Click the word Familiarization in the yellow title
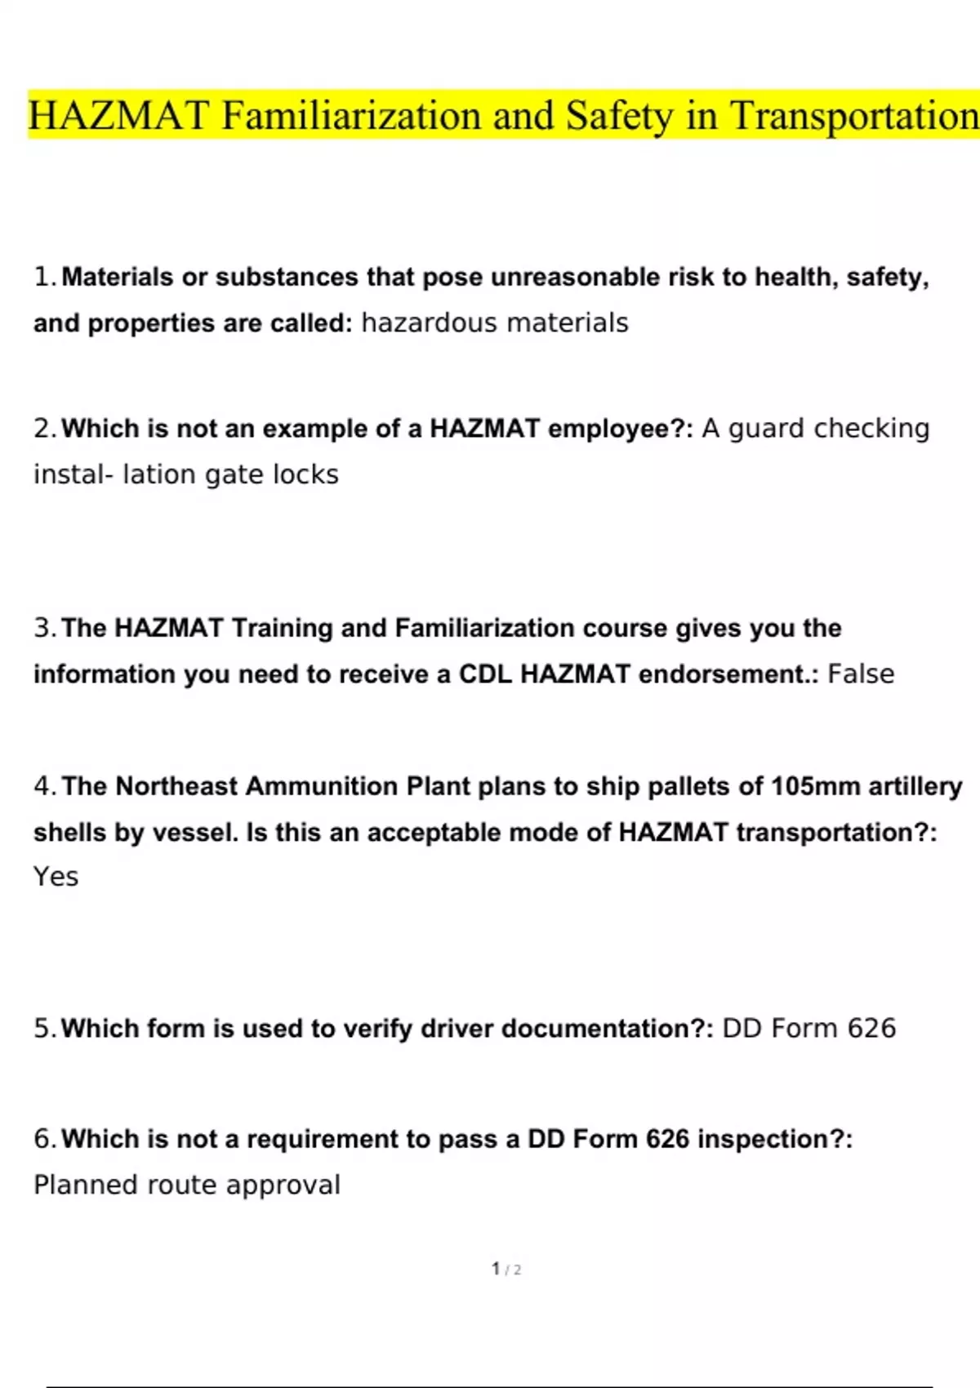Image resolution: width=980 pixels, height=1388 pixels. [x=352, y=115]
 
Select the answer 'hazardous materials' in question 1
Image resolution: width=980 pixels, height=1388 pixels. [x=495, y=323]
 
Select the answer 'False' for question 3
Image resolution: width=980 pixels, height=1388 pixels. [x=861, y=674]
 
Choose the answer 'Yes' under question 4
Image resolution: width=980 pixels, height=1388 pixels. [x=56, y=877]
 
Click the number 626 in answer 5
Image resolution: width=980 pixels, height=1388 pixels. [x=871, y=1029]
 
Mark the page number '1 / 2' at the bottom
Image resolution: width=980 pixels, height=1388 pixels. [x=506, y=1270]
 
